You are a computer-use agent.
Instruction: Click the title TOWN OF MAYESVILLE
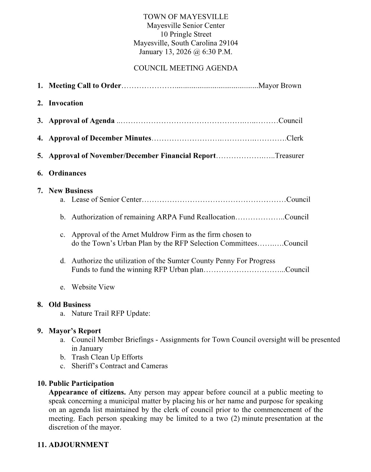(x=185, y=17)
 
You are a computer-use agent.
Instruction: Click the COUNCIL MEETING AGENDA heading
(x=185, y=68)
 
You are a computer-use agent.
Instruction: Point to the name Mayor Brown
(x=280, y=86)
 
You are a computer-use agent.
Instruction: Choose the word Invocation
(x=66, y=103)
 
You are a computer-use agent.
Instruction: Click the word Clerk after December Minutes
(x=295, y=138)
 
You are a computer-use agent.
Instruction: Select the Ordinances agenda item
(x=67, y=173)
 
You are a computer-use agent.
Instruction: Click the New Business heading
(x=71, y=191)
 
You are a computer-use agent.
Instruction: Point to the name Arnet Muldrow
(x=147, y=235)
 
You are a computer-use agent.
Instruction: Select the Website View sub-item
(x=93, y=287)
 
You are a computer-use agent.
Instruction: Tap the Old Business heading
(x=70, y=305)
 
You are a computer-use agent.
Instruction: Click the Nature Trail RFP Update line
(x=111, y=314)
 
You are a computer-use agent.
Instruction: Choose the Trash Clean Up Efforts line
(x=107, y=357)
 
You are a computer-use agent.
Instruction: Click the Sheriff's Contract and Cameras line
(x=120, y=366)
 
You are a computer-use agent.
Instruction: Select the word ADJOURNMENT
(x=79, y=445)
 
